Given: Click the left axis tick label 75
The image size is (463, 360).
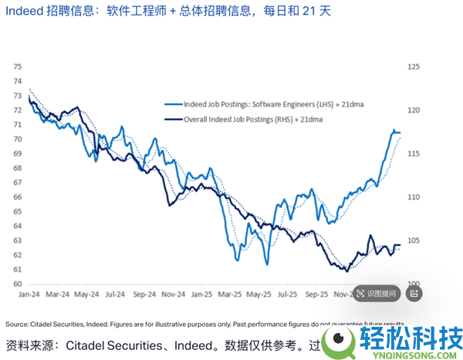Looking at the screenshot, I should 17,67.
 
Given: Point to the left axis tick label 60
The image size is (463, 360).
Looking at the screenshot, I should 17,284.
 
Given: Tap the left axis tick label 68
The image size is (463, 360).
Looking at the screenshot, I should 17,168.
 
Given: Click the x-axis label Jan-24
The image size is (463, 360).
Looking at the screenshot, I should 29,294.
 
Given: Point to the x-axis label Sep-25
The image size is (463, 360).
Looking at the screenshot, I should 316,294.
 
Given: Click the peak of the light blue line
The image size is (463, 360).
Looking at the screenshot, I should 394,130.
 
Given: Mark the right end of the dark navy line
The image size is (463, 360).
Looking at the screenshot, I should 400,245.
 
